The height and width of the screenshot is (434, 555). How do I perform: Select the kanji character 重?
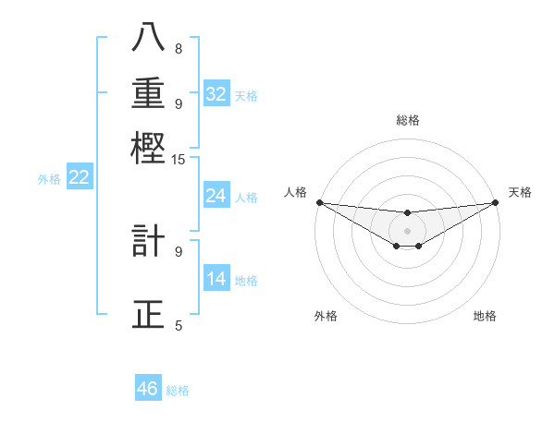click(148, 93)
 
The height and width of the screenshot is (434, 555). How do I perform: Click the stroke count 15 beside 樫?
click(179, 160)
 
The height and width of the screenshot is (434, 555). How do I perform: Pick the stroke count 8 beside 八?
click(179, 48)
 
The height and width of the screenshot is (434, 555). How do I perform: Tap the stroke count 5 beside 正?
click(179, 325)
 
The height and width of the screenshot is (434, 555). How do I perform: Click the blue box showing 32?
click(216, 93)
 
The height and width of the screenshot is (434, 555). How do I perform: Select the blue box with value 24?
click(216, 196)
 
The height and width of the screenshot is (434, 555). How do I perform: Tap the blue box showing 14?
click(216, 279)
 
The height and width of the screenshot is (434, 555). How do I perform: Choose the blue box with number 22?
click(79, 177)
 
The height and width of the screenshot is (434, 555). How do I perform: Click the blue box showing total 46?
click(147, 389)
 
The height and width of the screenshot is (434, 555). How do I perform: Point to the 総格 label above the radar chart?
click(408, 120)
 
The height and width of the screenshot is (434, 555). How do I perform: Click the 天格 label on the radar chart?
click(520, 192)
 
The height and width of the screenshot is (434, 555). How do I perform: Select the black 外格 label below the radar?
click(325, 316)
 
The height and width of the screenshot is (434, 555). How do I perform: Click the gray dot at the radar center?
click(407, 230)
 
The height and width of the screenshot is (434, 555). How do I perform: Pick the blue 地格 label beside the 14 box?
click(246, 280)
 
